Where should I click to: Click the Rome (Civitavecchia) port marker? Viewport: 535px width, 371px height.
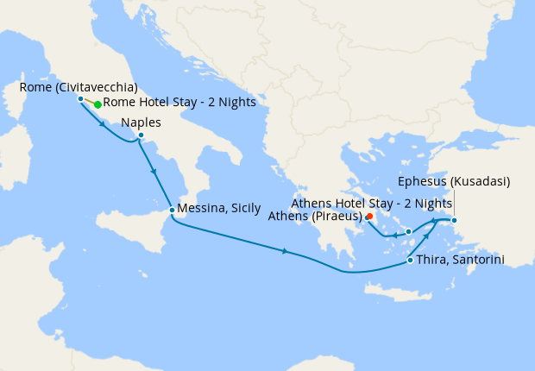pyautogui.click(x=80, y=98)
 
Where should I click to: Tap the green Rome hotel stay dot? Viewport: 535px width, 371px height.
pyautogui.click(x=98, y=104)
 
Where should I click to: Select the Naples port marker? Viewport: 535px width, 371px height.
pyautogui.click(x=141, y=135)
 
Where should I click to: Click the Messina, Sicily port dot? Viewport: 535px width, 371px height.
pyautogui.click(x=172, y=210)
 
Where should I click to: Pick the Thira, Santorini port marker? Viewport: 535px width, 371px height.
pyautogui.click(x=409, y=260)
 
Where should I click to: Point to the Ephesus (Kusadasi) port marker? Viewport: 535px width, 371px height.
pyautogui.click(x=455, y=219)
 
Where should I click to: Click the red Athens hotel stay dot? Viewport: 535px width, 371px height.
pyautogui.click(x=369, y=217)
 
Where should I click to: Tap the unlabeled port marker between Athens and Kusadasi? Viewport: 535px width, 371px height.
pyautogui.click(x=408, y=231)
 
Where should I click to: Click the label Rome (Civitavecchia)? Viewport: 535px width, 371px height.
pyautogui.click(x=78, y=86)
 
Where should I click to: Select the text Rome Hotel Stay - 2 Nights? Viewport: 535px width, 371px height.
pyautogui.click(x=179, y=102)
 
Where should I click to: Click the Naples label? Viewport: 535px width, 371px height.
pyautogui.click(x=142, y=122)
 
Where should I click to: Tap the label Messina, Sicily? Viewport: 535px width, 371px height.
pyautogui.click(x=219, y=209)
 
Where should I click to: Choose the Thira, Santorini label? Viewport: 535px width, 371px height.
pyautogui.click(x=460, y=260)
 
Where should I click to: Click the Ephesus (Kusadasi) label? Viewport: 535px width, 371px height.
pyautogui.click(x=454, y=181)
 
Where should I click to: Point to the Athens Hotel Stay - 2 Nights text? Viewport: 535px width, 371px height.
pyautogui.click(x=372, y=203)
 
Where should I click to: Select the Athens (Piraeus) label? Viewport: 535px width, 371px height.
pyautogui.click(x=325, y=216)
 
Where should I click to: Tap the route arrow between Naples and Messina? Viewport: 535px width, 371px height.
pyautogui.click(x=154, y=171)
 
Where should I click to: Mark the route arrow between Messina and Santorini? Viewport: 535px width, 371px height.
pyautogui.click(x=286, y=251)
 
